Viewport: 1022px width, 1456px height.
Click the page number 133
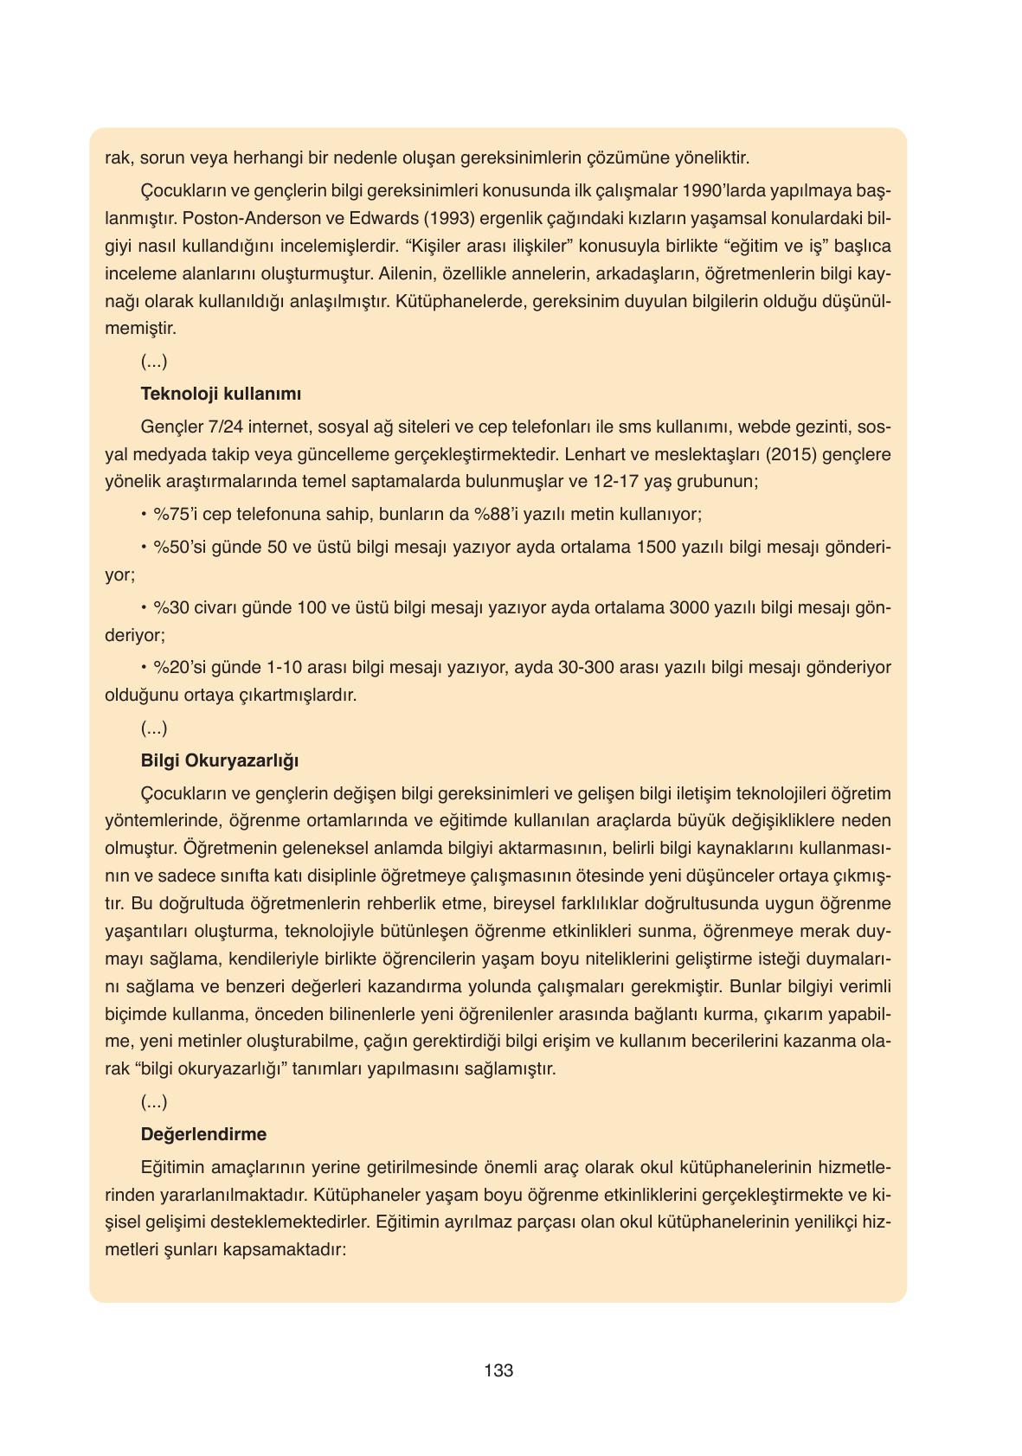click(499, 1370)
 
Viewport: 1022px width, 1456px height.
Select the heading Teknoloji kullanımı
click(221, 394)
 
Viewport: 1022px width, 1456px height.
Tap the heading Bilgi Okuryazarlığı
click(220, 760)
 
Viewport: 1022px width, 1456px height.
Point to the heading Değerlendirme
click(203, 1134)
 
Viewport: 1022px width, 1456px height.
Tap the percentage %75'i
click(176, 515)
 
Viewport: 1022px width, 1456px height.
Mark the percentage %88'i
click(496, 515)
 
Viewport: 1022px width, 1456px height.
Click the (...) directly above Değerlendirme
click(154, 1101)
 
